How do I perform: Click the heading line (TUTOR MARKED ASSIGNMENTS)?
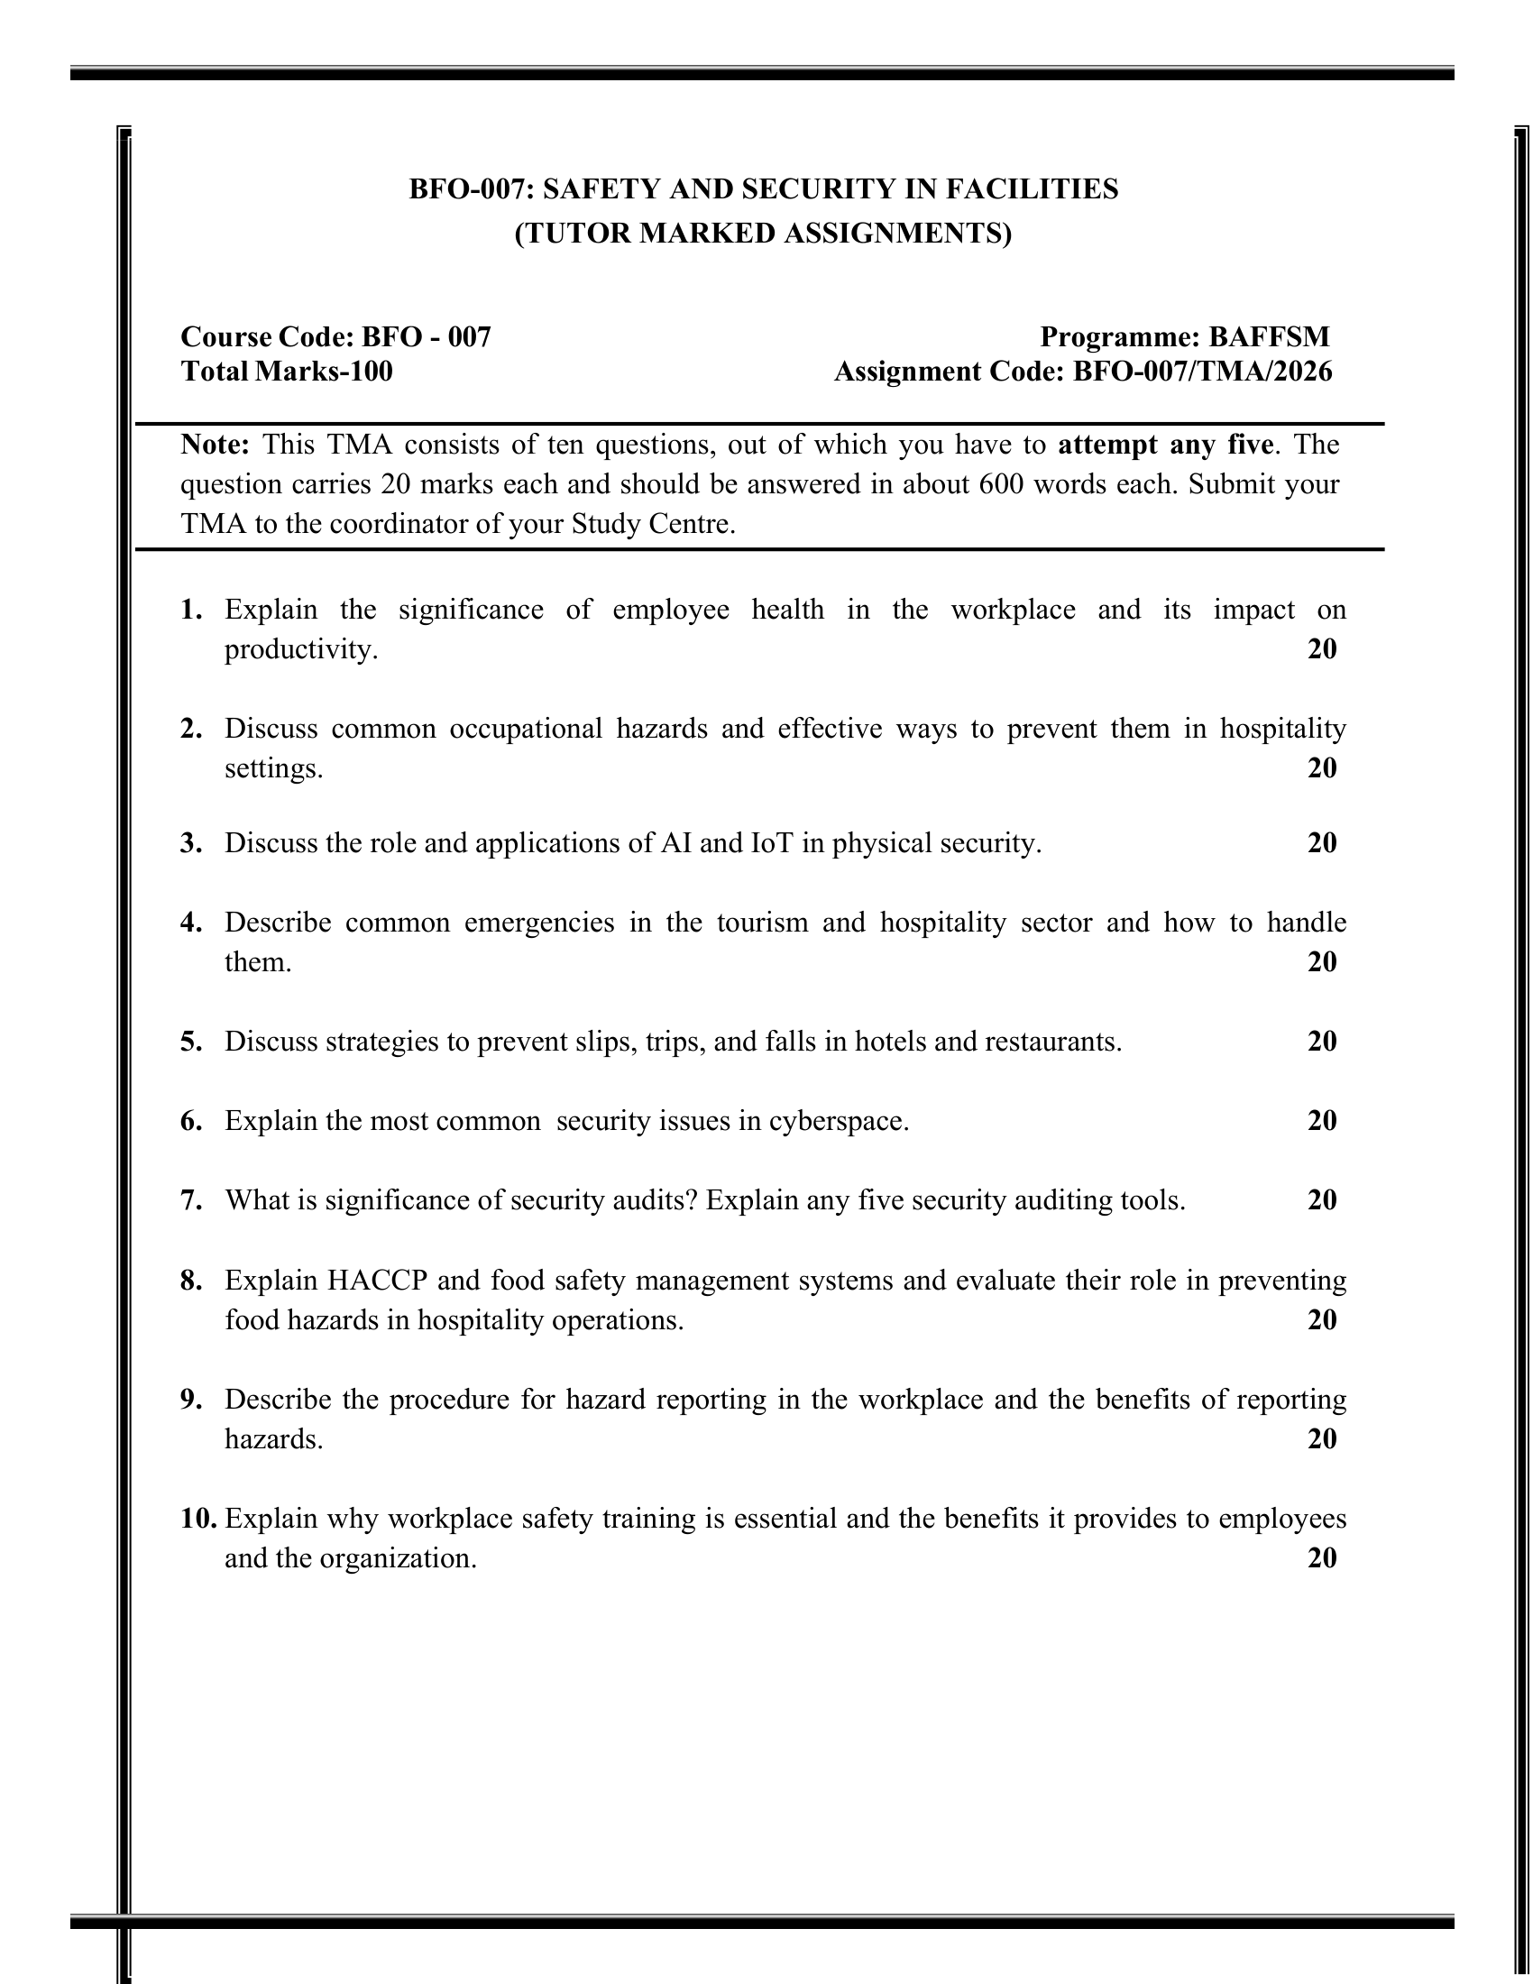[x=763, y=234]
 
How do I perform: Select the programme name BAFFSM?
[x=1269, y=337]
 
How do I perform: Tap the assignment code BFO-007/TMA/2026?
[x=1202, y=372]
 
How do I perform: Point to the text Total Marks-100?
[x=286, y=372]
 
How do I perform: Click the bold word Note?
[x=215, y=445]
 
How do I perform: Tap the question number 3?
[x=190, y=843]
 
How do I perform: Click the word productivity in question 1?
[x=298, y=649]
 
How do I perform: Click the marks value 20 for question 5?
[x=1322, y=1041]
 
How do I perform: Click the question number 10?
[x=198, y=1518]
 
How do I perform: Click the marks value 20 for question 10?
[x=1322, y=1558]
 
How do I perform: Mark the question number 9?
[x=190, y=1399]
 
